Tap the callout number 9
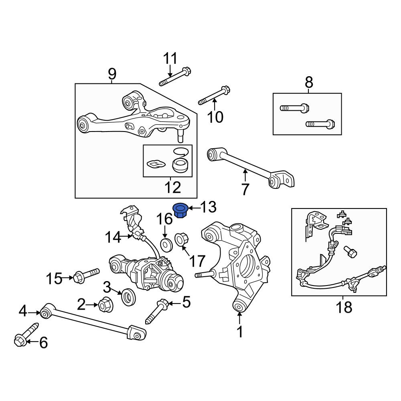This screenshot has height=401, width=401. click(x=112, y=74)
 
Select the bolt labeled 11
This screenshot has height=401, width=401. click(x=175, y=77)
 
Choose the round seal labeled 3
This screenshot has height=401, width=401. click(x=128, y=296)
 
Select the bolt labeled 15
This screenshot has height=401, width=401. click(x=86, y=275)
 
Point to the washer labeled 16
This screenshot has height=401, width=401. click(x=166, y=245)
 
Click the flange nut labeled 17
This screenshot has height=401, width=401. click(x=182, y=239)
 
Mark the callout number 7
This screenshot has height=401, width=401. click(x=245, y=190)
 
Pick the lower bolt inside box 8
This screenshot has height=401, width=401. click(x=320, y=124)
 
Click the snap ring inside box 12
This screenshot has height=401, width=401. click(x=181, y=152)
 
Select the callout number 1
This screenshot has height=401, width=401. click(x=240, y=332)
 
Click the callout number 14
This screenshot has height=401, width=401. click(x=113, y=237)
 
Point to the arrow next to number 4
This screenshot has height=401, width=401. click(x=34, y=312)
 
